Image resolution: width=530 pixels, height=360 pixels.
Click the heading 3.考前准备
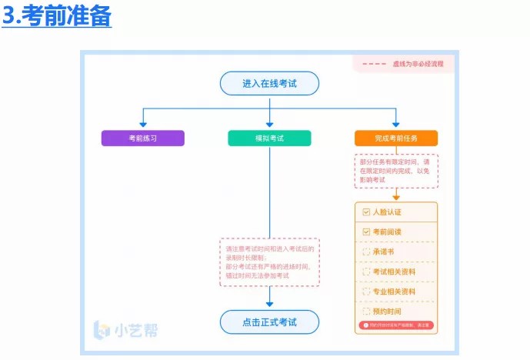[57, 16]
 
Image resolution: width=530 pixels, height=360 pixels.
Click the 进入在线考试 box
[269, 83]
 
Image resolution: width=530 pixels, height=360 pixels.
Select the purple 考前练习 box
[143, 138]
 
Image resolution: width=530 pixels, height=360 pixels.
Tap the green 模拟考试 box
[269, 138]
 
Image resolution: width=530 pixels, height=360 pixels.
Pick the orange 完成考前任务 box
[396, 138]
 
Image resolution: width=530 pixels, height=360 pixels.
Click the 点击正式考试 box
[269, 322]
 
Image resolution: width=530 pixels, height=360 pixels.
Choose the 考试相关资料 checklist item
[394, 272]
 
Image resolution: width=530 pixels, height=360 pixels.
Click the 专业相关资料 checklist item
[394, 292]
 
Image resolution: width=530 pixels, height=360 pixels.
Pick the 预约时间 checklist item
[387, 312]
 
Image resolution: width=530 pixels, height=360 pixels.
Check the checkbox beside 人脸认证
[365, 212]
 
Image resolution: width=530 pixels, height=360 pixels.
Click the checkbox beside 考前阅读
[365, 232]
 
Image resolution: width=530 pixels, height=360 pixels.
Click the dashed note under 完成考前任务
[396, 171]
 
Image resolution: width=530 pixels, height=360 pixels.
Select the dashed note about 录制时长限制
[269, 262]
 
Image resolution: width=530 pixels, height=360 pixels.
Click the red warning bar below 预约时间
[396, 326]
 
